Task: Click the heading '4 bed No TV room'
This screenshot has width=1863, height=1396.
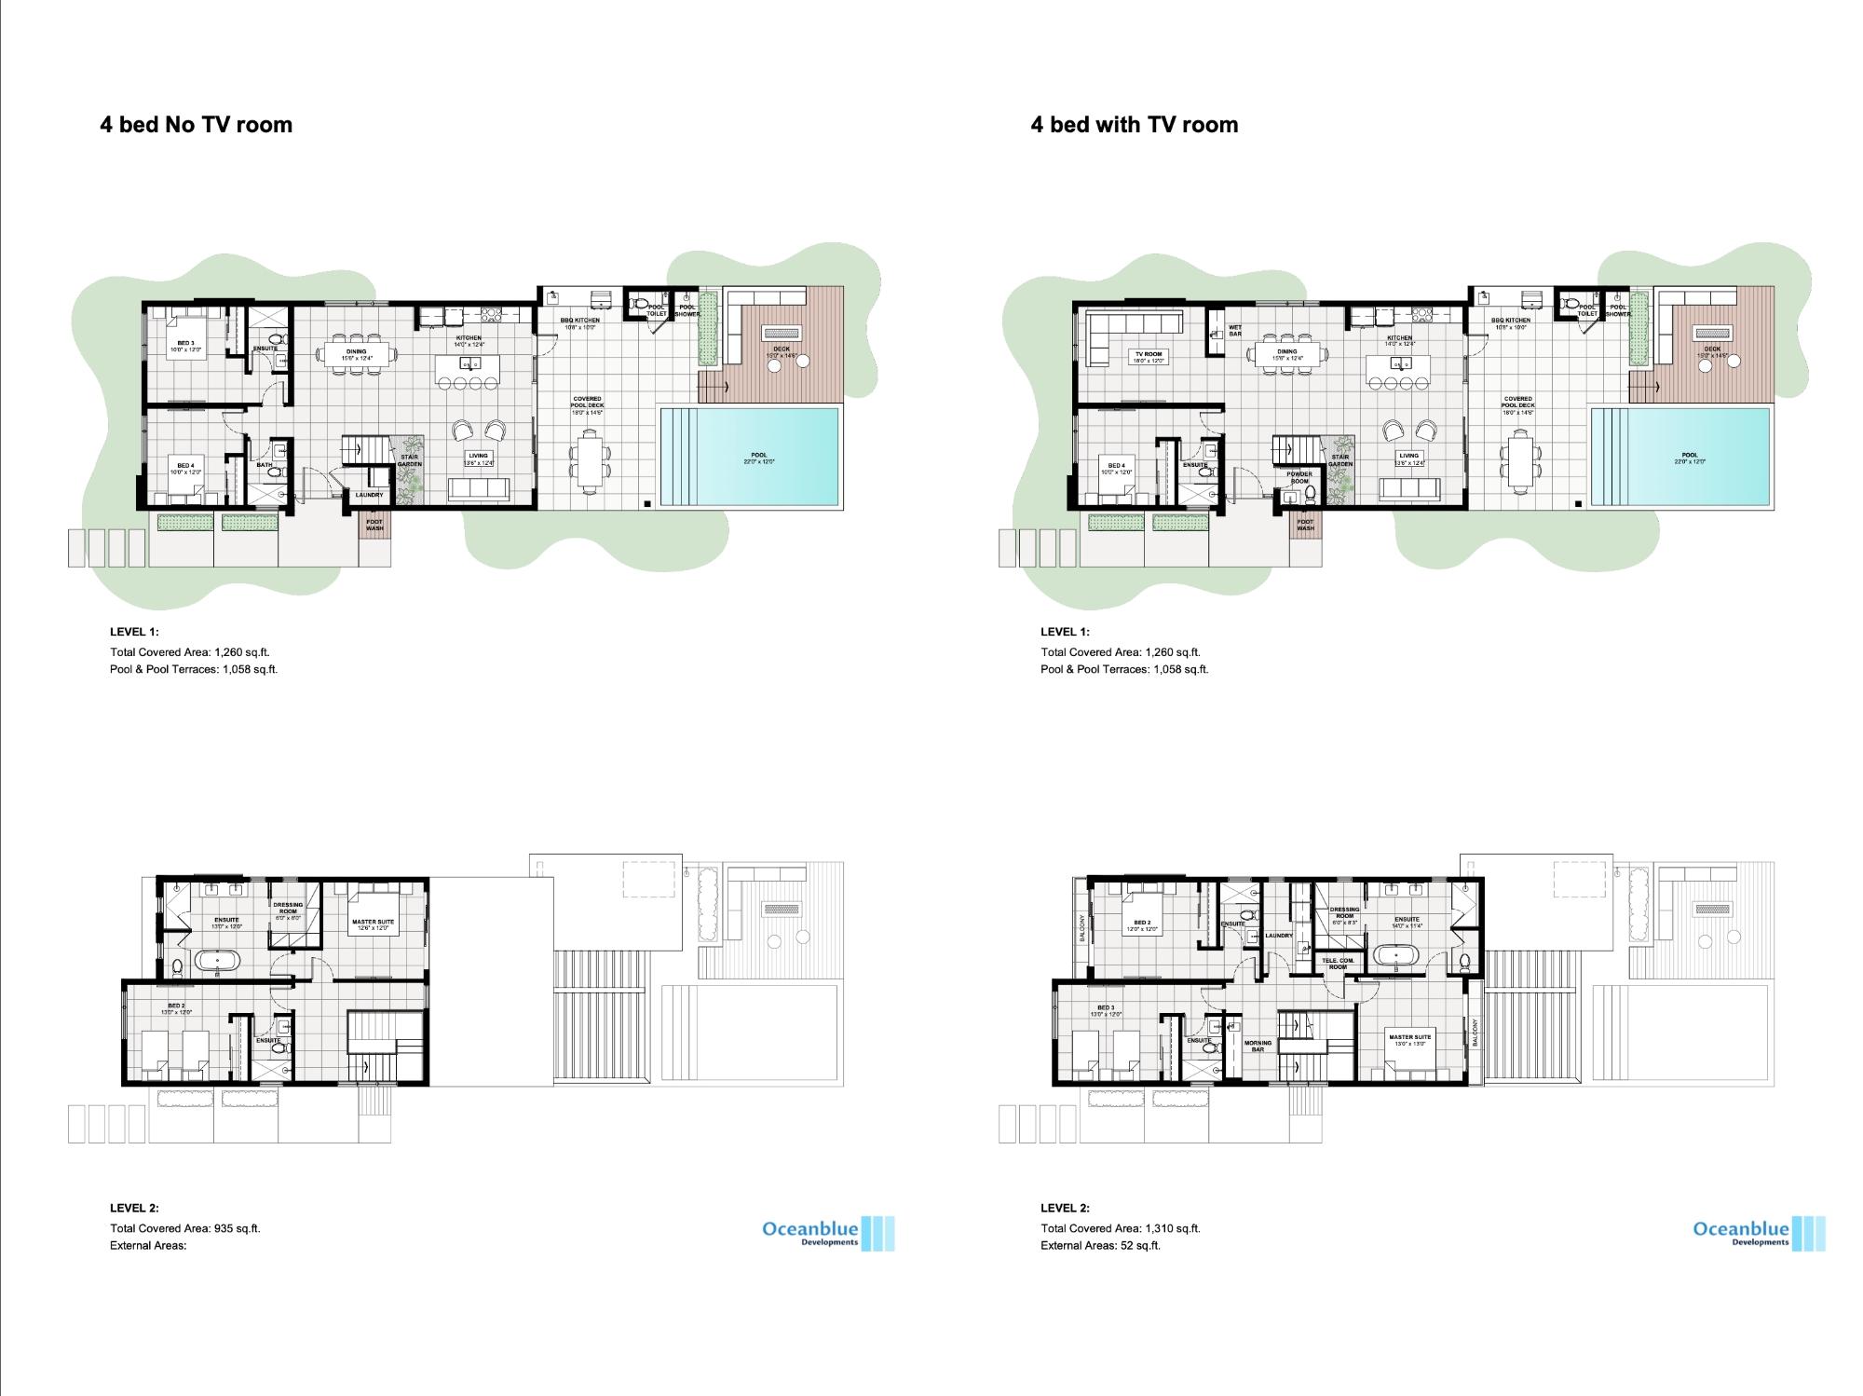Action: tap(196, 125)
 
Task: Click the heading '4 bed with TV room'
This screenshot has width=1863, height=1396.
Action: tap(1134, 125)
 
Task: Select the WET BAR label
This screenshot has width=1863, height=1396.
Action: tap(1235, 330)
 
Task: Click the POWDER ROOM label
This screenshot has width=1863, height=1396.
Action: tap(1299, 477)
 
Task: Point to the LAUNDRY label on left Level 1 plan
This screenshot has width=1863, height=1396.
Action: tap(369, 495)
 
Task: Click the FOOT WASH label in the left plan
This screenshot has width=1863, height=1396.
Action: tap(374, 526)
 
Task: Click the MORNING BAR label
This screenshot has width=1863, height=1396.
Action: tap(1258, 1046)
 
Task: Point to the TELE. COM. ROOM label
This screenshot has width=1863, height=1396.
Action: tap(1338, 964)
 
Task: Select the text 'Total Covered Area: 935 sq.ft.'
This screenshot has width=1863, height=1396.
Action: tap(185, 1228)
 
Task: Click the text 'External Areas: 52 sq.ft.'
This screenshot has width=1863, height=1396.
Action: tap(1100, 1245)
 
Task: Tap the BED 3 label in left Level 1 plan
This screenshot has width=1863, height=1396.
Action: tap(185, 346)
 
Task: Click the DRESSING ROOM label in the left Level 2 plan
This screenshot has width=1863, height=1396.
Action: tap(288, 908)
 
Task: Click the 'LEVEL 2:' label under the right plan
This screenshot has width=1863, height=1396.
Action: tap(1065, 1208)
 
